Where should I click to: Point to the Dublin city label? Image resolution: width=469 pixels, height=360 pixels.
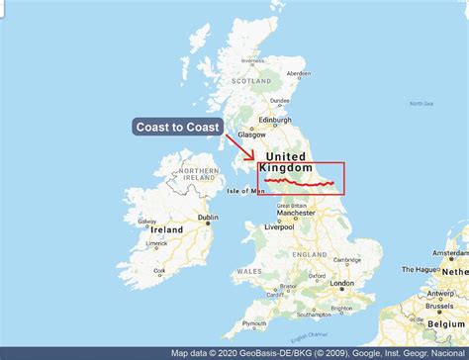point(208,218)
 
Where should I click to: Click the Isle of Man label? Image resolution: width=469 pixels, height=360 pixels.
point(240,191)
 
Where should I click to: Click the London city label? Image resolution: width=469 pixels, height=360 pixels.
point(342,283)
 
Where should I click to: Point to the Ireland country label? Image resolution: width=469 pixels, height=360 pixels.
point(166,229)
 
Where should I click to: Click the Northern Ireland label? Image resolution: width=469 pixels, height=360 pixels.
point(199,175)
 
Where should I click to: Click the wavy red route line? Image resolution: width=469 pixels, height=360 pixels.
point(302,183)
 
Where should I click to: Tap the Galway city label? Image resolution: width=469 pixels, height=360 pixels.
point(147,221)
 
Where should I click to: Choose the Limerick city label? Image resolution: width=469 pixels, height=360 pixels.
point(157,242)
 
